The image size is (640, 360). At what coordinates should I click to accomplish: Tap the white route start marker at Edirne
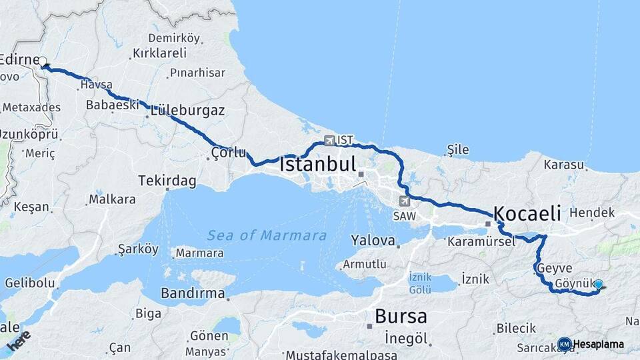click(43, 62)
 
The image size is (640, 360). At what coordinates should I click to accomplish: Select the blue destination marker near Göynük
click(598, 285)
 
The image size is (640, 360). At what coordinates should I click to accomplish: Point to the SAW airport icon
click(405, 201)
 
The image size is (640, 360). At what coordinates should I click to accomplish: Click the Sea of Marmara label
click(267, 235)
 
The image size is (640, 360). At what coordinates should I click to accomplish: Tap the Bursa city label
click(401, 315)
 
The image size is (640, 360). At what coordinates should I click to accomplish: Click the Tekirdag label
click(167, 181)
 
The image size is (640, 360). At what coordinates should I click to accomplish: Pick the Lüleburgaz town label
click(187, 110)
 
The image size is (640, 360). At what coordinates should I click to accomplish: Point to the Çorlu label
click(228, 153)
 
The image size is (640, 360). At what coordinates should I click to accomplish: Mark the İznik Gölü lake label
click(420, 283)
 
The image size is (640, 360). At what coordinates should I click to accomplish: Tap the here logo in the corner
click(19, 339)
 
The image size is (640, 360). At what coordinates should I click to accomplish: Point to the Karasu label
click(563, 164)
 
